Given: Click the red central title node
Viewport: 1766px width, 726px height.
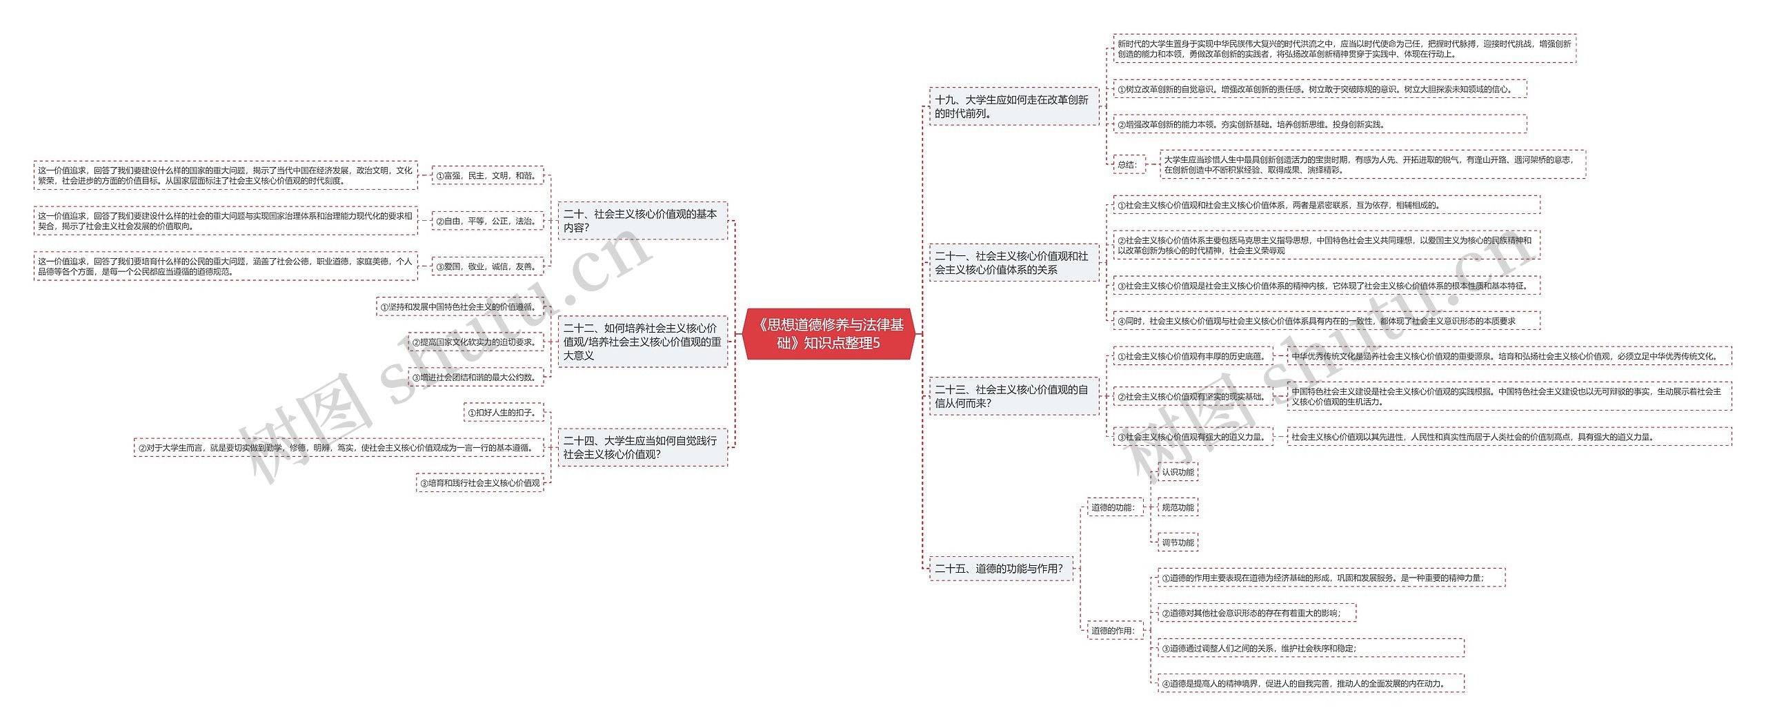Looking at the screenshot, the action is pyautogui.click(x=829, y=334).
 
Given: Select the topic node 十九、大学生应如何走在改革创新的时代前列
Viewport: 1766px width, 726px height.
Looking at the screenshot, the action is pyautogui.click(x=1013, y=107).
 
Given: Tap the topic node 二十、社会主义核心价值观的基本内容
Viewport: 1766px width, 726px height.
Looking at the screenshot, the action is pyautogui.click(x=642, y=221).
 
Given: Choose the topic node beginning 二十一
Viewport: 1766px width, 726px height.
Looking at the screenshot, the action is pyautogui.click(x=1013, y=263).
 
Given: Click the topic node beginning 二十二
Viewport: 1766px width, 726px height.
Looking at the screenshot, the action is pyautogui.click(x=642, y=342).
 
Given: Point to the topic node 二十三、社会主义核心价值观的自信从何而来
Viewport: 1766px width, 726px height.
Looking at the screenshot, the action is pyautogui.click(x=1013, y=397).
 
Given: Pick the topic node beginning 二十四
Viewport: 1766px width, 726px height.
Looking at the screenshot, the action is pyautogui.click(x=642, y=447).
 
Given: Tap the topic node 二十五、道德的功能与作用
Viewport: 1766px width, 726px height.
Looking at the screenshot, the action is pyautogui.click(x=1000, y=569).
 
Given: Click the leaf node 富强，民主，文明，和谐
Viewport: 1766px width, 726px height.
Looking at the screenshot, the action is pyautogui.click(x=487, y=176).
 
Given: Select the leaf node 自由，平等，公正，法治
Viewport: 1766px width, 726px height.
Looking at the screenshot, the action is pyautogui.click(x=487, y=222).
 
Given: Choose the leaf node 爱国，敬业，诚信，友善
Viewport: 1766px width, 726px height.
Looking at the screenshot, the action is pyautogui.click(x=487, y=266).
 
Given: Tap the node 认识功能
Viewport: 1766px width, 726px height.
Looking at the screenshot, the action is pyautogui.click(x=1178, y=473).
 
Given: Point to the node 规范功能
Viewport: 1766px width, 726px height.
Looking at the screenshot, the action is pyautogui.click(x=1178, y=508).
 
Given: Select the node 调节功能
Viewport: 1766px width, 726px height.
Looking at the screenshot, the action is pyautogui.click(x=1178, y=543).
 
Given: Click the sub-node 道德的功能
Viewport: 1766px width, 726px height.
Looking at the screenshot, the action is pyautogui.click(x=1113, y=508).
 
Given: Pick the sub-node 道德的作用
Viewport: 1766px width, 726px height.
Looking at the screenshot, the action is pyautogui.click(x=1113, y=631).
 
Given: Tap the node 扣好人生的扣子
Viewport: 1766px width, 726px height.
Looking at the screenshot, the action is pyautogui.click(x=504, y=413).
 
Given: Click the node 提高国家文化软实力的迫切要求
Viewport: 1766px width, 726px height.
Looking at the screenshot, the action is pyautogui.click(x=475, y=342).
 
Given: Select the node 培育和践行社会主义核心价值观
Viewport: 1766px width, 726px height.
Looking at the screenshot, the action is pyautogui.click(x=480, y=483).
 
